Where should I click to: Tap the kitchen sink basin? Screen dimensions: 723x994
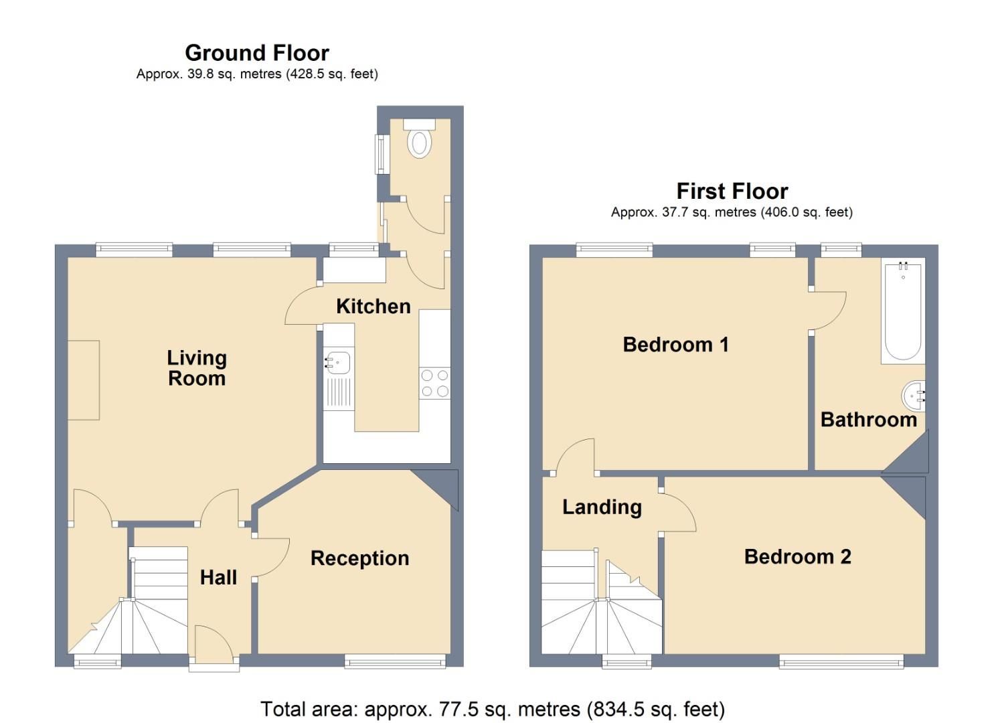coord(338,363)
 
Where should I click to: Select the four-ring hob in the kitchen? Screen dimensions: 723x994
coord(434,384)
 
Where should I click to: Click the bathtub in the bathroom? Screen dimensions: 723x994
coord(902,311)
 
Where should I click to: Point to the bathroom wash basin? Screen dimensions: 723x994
coord(913,396)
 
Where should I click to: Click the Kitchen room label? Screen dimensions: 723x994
coord(373,307)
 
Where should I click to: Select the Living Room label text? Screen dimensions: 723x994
coord(197,368)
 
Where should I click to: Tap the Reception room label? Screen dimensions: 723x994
coord(359,558)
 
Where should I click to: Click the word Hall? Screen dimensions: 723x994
coord(218,578)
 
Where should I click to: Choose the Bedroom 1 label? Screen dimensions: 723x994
coord(675,345)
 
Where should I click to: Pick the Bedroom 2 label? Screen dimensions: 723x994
coord(797,557)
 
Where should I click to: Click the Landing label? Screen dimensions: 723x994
coord(602,507)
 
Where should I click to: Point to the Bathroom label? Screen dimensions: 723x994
coord(868,420)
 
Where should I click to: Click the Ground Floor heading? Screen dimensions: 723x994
coord(257,53)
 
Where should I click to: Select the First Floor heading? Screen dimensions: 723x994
coord(732,191)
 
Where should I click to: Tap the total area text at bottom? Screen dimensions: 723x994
coord(492,709)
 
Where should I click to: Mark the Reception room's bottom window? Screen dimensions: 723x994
coord(395,661)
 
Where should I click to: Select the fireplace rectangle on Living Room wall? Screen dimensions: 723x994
coord(84,380)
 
